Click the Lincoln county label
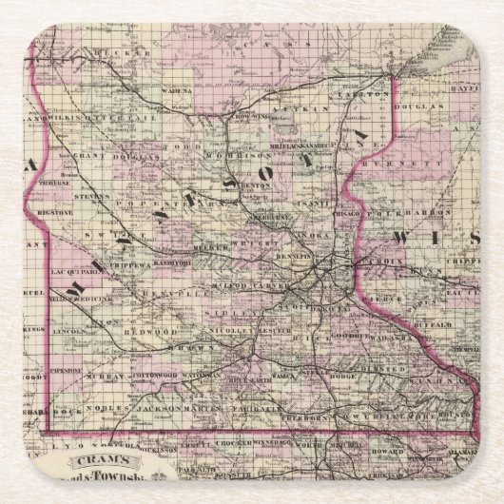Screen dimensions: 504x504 point(71,304)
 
